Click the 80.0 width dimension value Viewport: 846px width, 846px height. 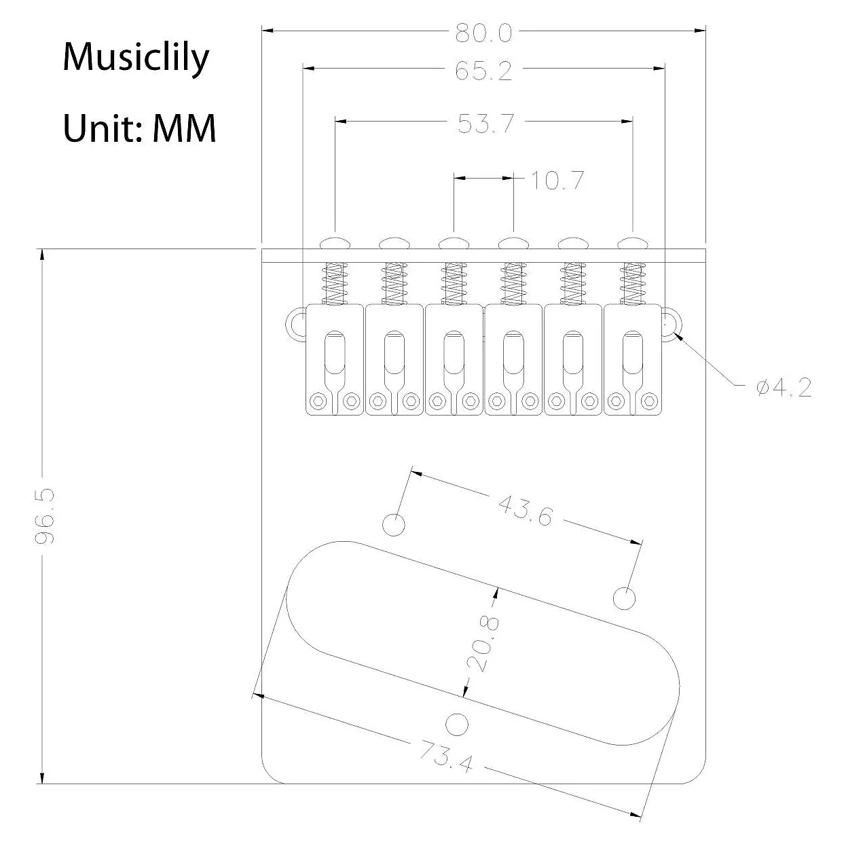point(483,33)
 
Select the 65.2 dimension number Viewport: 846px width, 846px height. point(483,71)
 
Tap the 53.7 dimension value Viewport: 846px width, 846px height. point(486,124)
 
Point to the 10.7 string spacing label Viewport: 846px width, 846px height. point(557,181)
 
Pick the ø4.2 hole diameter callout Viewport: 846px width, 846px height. point(784,388)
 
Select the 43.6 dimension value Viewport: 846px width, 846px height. point(526,510)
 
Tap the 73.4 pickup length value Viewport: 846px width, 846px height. point(445,756)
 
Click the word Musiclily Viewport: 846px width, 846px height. point(136,58)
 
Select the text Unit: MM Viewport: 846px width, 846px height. point(139,128)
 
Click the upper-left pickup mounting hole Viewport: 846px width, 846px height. point(394,525)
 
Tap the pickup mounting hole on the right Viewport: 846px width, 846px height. point(625,598)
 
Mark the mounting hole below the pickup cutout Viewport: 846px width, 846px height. point(457,724)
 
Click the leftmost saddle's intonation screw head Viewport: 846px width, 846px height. point(335,242)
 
